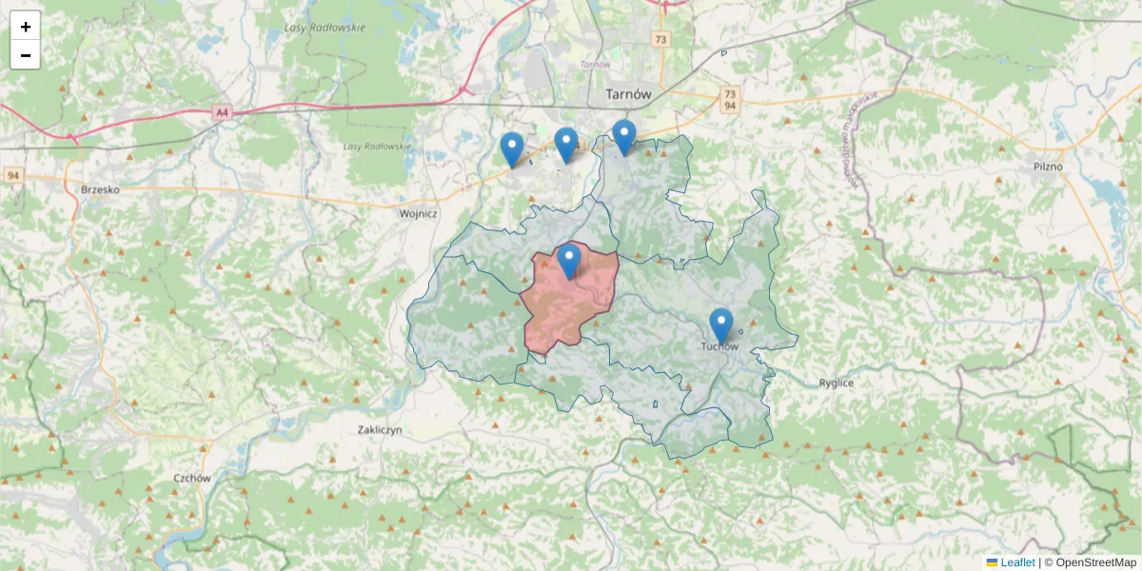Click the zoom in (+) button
tap(25, 26)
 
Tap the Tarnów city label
tap(628, 94)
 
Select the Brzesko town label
tap(100, 189)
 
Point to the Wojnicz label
tap(418, 214)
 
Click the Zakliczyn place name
tap(380, 430)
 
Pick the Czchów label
tap(191, 479)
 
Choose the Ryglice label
tap(837, 383)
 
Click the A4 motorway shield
tap(222, 112)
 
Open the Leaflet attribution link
tap(1017, 562)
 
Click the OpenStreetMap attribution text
tap(1095, 562)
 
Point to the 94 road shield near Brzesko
tap(13, 176)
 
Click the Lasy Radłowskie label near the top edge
tap(325, 28)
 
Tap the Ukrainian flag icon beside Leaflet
tap(992, 562)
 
